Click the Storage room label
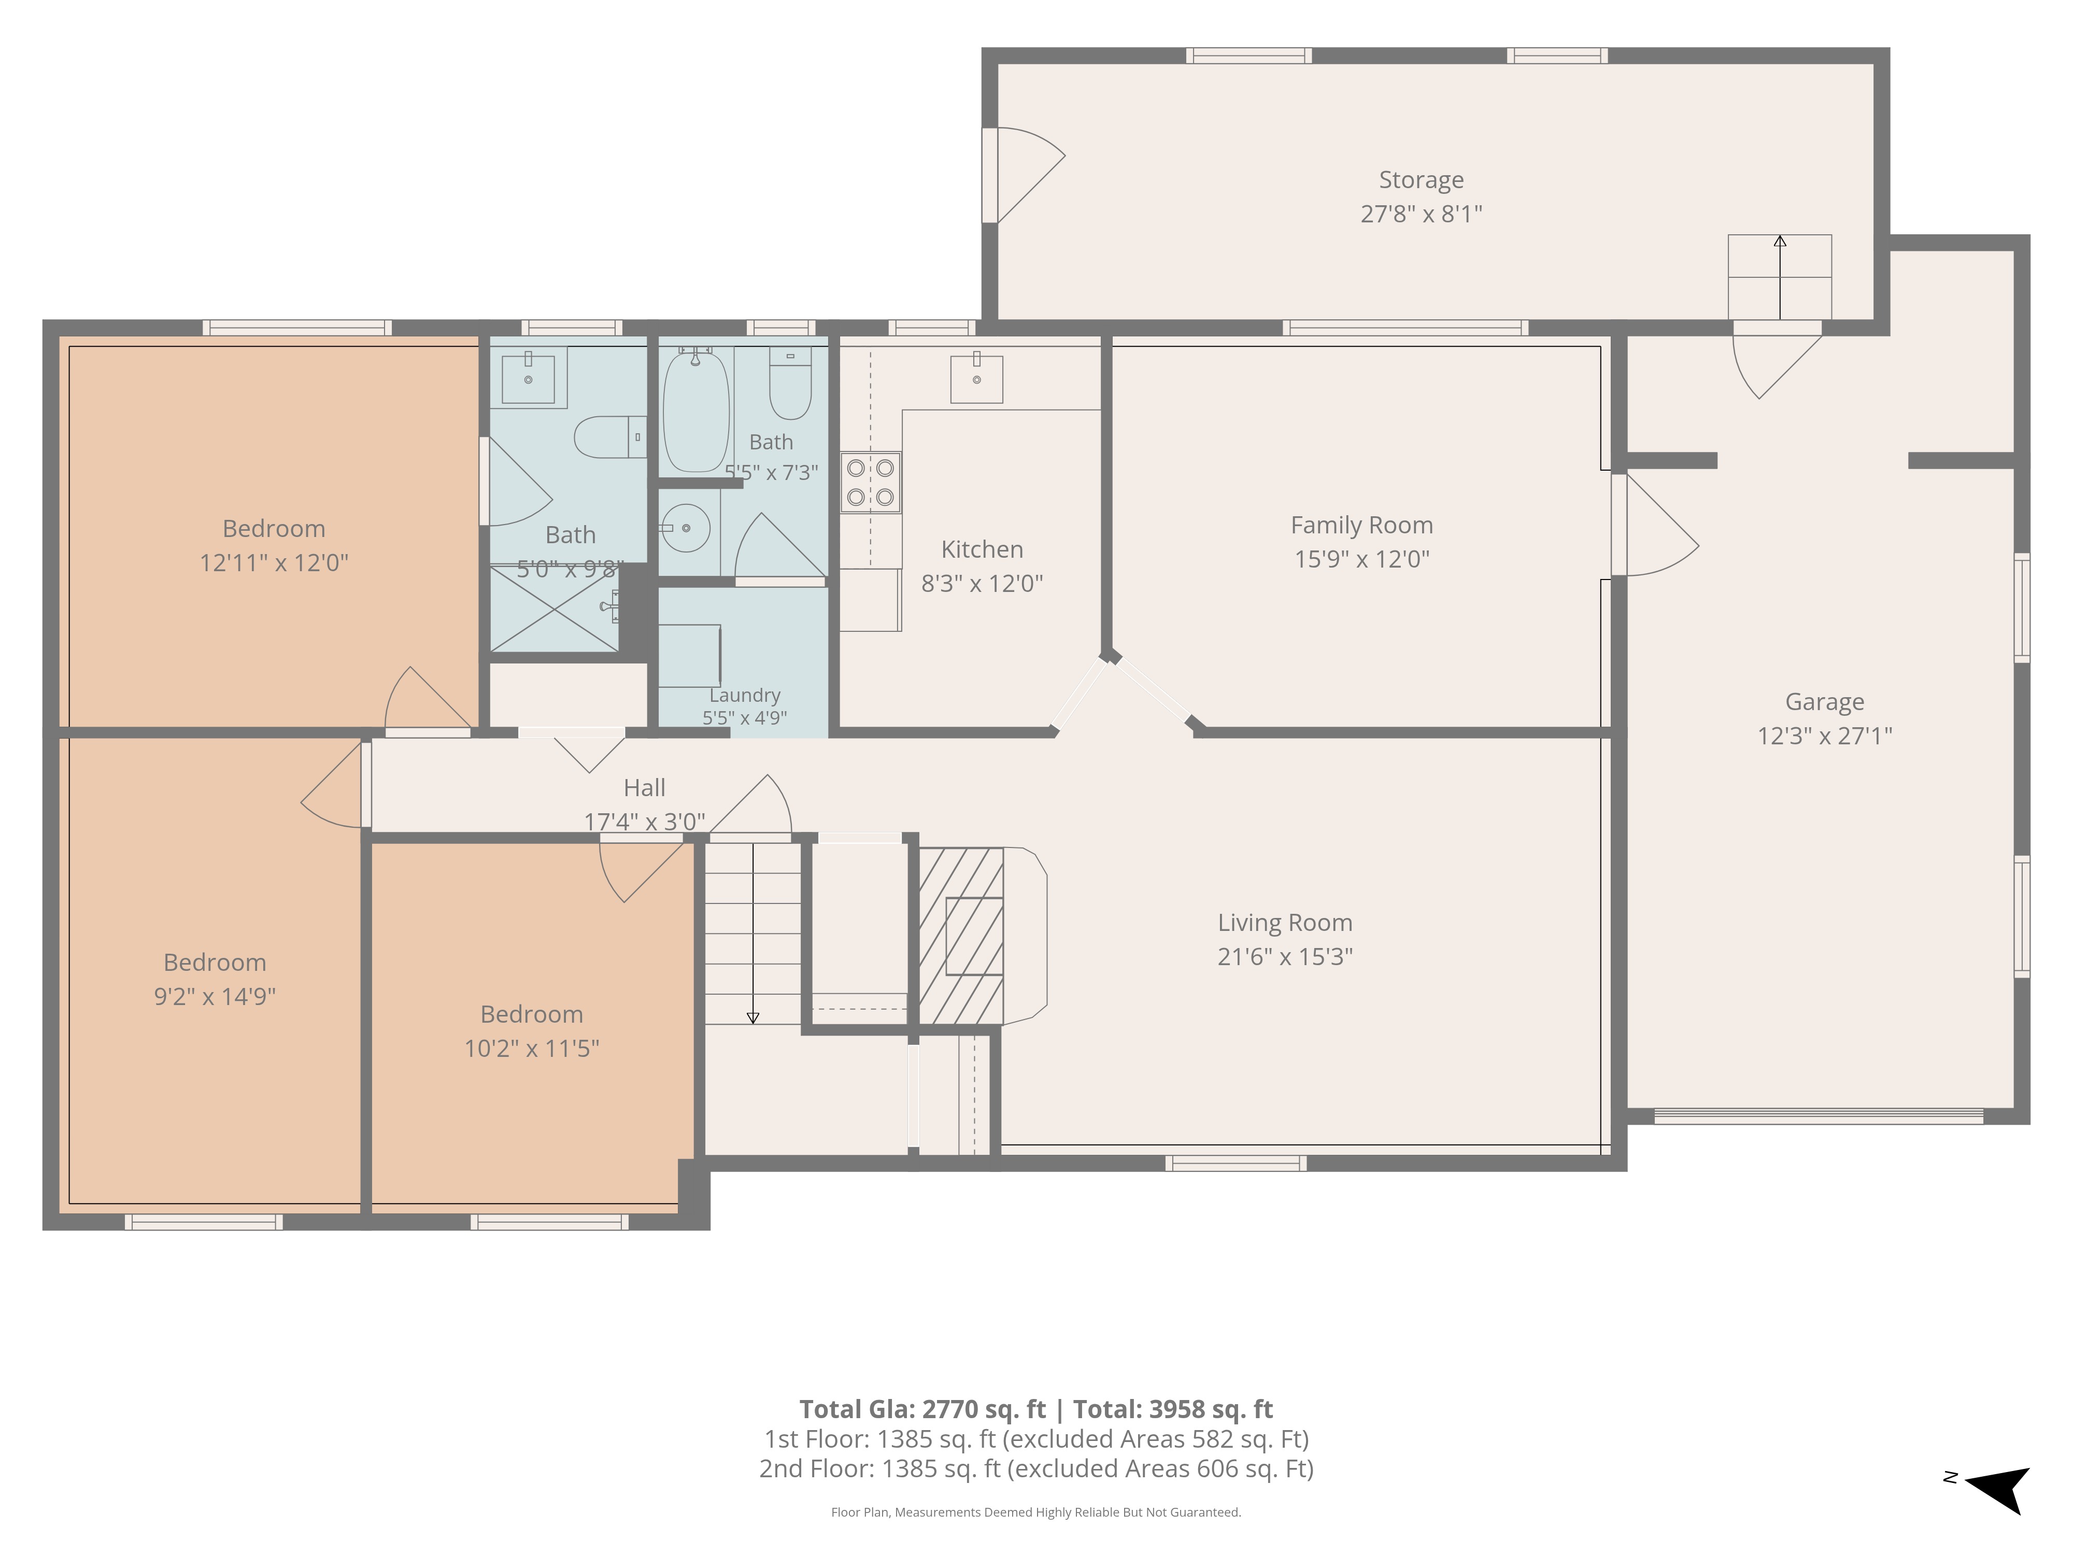[x=1421, y=180]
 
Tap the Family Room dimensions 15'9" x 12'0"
[x=1361, y=560]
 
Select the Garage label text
[x=1825, y=702]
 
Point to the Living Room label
[x=1285, y=923]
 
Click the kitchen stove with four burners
[x=871, y=483]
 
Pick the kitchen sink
[x=976, y=379]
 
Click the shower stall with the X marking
[x=555, y=609]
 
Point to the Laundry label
[x=745, y=696]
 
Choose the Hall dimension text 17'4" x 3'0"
[x=645, y=822]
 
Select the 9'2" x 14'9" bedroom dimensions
[x=215, y=996]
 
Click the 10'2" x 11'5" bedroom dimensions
[x=531, y=1049]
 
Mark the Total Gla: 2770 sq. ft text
[x=922, y=1410]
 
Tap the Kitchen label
[x=982, y=549]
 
